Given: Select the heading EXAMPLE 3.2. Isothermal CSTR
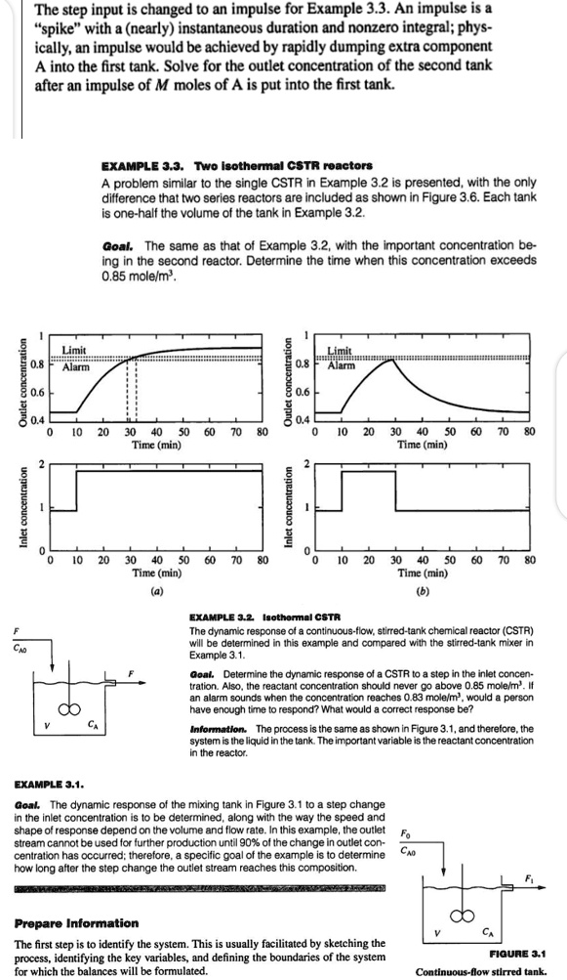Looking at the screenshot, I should coord(263,618).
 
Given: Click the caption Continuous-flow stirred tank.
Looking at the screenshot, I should coord(493,972).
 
